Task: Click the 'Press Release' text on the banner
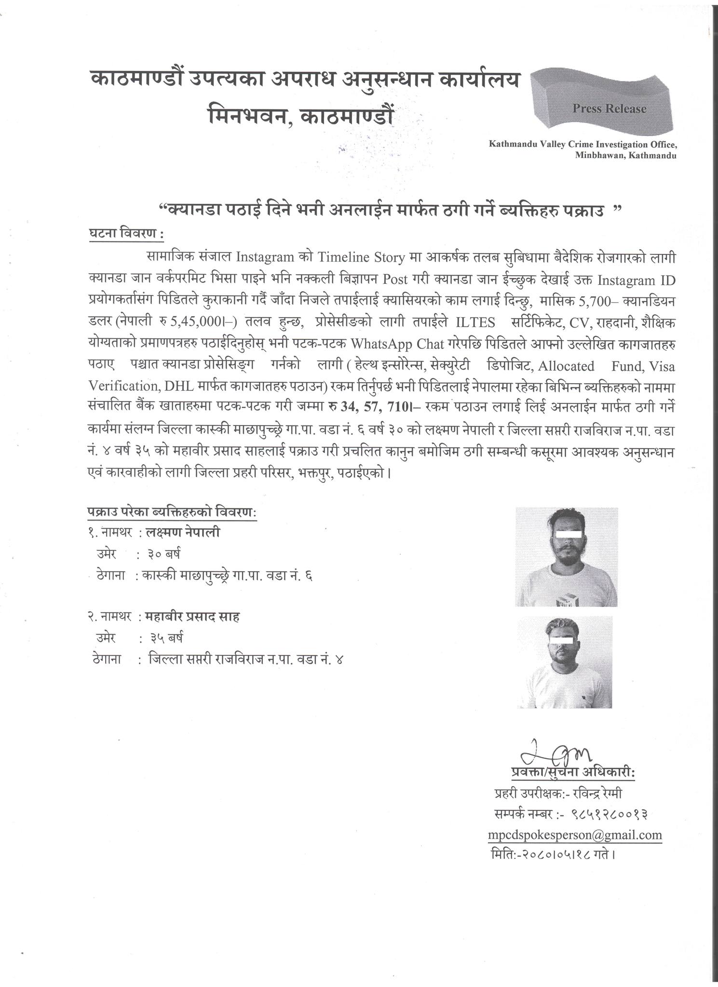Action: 609,108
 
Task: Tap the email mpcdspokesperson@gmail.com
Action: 574,834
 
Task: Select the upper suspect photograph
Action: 566,557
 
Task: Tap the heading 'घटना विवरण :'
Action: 126,234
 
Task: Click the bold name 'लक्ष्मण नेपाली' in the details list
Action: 184,533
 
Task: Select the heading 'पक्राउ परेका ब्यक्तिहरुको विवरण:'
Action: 172,512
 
